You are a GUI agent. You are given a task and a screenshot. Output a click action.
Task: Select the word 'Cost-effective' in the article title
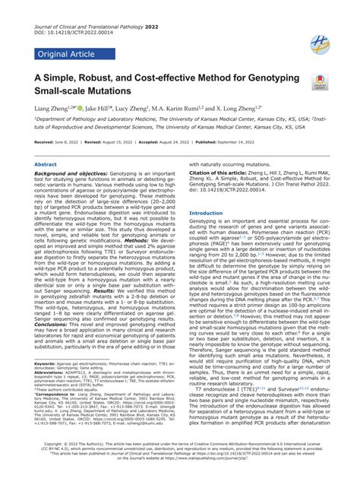pos(159,78)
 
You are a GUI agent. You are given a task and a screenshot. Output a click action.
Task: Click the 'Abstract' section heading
pos(46,164)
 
